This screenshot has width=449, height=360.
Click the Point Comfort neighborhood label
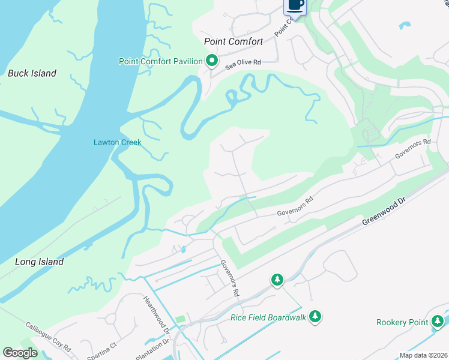point(234,41)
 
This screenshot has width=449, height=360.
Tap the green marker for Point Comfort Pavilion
point(211,61)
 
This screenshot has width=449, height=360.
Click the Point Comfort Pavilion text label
point(161,61)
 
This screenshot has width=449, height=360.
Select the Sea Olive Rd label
point(243,62)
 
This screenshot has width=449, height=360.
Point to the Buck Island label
point(32,73)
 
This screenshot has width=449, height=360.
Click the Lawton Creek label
point(117,142)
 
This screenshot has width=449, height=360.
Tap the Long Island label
point(39,262)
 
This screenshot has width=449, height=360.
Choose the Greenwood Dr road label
point(385,214)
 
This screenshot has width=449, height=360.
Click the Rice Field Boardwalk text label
point(268,317)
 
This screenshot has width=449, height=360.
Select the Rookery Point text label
point(402,322)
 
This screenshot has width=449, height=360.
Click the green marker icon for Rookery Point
point(438,322)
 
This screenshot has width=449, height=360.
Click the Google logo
point(20,353)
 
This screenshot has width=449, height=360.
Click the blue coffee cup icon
point(295,5)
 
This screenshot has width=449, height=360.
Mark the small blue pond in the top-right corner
point(405,26)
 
